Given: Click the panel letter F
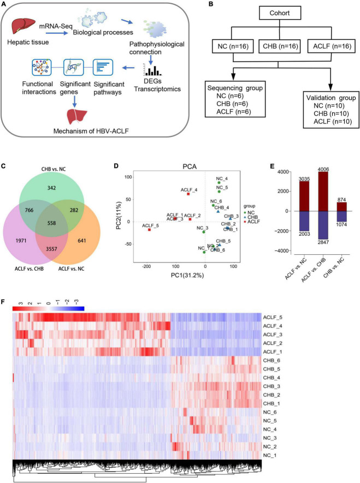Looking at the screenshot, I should point(4,302).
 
